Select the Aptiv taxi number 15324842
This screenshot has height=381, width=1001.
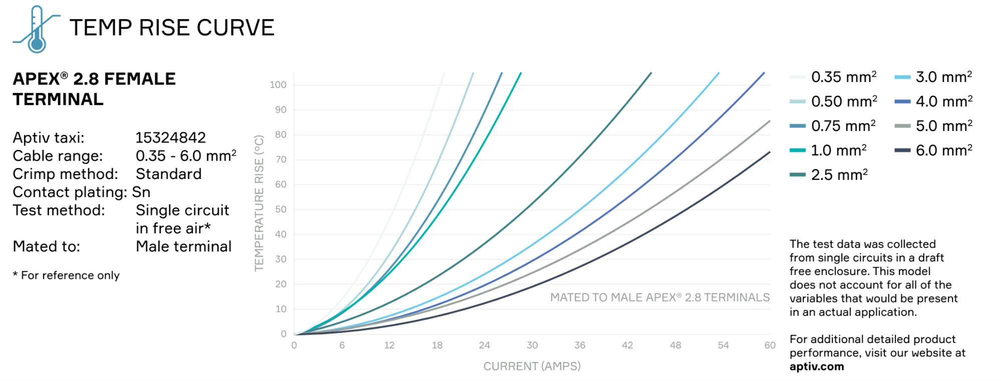click(x=171, y=137)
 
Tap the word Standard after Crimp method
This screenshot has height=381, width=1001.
click(x=169, y=174)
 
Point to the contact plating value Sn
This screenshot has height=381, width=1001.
click(x=141, y=192)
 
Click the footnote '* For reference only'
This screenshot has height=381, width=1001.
click(x=66, y=275)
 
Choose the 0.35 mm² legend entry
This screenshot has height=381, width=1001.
click(x=833, y=77)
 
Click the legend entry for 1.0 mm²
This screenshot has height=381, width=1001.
click(x=828, y=150)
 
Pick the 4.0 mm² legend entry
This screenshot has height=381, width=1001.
click(x=934, y=101)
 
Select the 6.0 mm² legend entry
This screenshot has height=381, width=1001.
click(x=934, y=150)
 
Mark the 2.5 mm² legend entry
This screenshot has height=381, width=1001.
click(x=829, y=174)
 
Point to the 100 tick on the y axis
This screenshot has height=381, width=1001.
click(x=278, y=84)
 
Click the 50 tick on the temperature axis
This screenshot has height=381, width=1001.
click(x=281, y=209)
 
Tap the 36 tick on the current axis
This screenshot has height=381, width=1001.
click(x=580, y=345)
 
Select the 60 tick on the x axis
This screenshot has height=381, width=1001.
click(x=770, y=345)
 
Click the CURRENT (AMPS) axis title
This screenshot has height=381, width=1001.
click(x=532, y=366)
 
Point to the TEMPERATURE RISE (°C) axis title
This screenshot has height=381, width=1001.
click(x=259, y=203)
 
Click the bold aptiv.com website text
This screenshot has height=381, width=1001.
click(x=817, y=366)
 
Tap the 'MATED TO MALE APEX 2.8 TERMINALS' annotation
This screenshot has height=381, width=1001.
click(x=660, y=297)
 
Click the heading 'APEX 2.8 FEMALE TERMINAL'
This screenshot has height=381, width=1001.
click(x=94, y=89)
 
